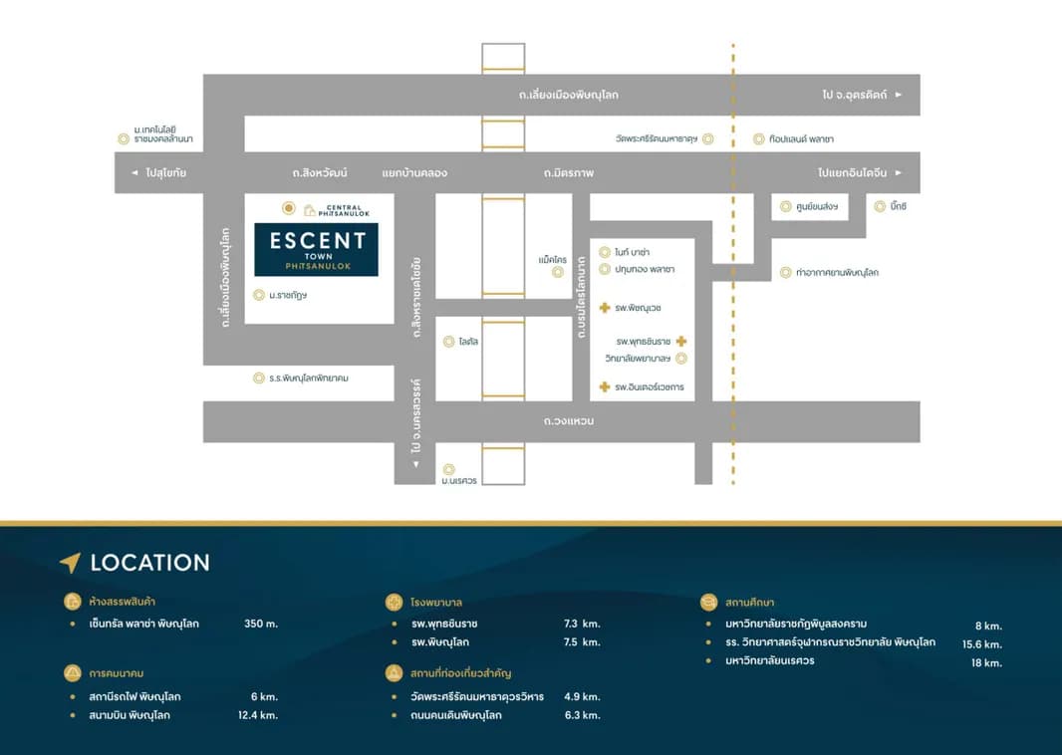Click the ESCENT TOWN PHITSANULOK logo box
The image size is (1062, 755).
[316, 250]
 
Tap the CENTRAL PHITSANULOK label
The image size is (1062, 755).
[344, 210]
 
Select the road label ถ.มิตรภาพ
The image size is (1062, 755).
[568, 173]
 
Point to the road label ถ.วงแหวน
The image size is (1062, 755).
[568, 421]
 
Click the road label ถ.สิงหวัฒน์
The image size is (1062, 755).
[320, 173]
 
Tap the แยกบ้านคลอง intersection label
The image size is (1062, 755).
[414, 173]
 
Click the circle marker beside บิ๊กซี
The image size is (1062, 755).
[880, 206]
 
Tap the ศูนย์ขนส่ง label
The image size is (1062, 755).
[817, 206]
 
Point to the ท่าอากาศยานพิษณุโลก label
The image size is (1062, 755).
[837, 273]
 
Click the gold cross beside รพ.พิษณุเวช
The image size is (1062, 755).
[605, 308]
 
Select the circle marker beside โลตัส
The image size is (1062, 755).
[448, 342]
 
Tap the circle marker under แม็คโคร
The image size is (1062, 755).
[558, 272]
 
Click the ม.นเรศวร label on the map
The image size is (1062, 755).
[459, 481]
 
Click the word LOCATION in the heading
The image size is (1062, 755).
[150, 563]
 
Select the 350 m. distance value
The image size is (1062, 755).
[261, 624]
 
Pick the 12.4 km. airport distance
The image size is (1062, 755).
[258, 715]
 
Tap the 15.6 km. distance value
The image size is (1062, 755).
[982, 644]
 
